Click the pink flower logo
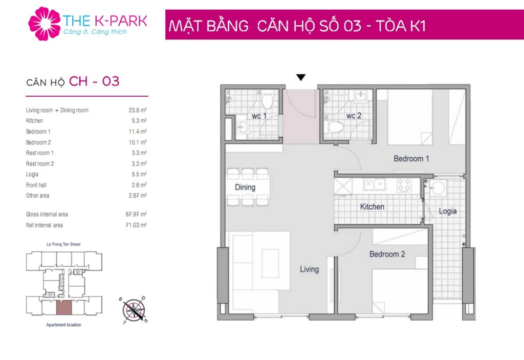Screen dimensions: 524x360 45,24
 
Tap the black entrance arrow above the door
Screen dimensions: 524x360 301,77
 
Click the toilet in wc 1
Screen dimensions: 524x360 267,100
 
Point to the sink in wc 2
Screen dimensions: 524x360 361,97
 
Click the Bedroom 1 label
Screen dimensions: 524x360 411,159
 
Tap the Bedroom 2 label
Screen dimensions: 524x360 387,255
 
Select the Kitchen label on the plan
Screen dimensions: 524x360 372,207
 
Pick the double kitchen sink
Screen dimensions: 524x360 375,184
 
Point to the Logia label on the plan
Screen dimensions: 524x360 447,211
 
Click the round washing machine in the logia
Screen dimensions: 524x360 437,188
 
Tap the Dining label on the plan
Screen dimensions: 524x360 245,187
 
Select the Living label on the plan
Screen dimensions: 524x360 309,269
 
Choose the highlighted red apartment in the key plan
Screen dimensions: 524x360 64,308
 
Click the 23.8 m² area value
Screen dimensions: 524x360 138,110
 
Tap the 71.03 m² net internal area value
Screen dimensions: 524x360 136,225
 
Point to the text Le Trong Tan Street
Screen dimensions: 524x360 63,244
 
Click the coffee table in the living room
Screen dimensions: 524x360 270,263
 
